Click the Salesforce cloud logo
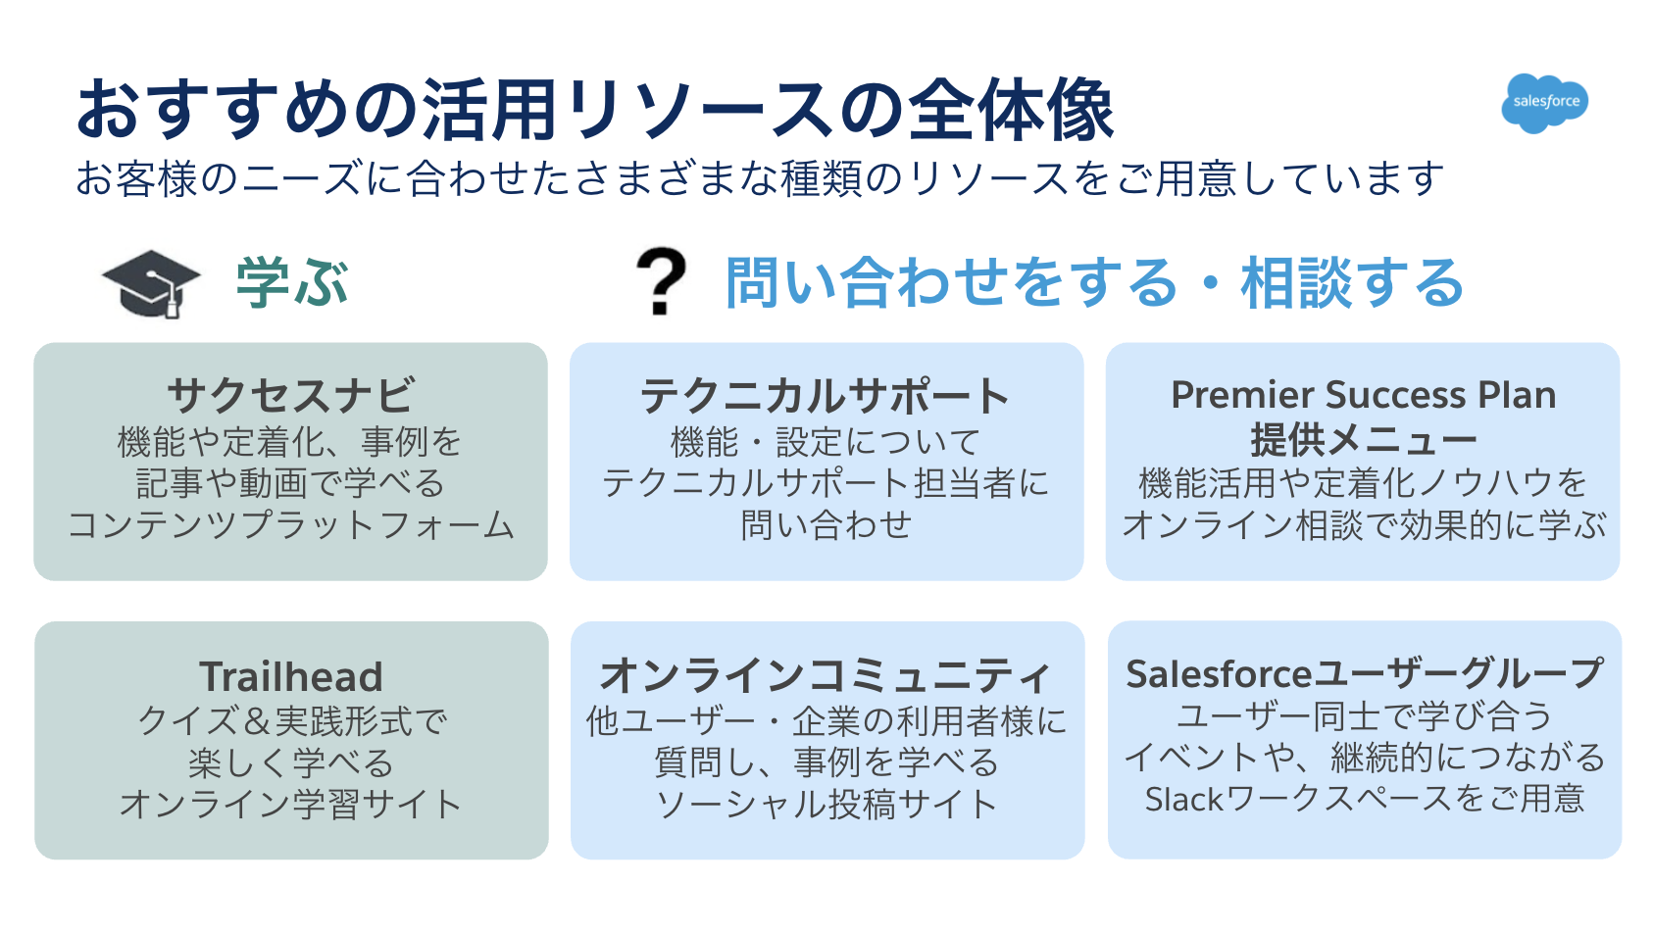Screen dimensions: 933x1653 point(1545,102)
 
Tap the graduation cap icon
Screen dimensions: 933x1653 point(151,283)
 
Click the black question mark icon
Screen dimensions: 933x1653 point(661,281)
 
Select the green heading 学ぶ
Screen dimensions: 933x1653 point(292,283)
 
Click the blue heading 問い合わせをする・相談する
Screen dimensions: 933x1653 point(1094,283)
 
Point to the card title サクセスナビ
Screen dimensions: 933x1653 point(291,396)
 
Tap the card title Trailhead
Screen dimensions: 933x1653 point(291,676)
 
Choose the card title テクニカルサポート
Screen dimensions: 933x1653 point(826,396)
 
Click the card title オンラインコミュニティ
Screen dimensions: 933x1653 point(826,675)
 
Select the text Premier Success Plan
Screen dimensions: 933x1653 point(1363,395)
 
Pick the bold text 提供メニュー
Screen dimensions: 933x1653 point(1363,440)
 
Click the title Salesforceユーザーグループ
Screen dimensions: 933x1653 point(1364,674)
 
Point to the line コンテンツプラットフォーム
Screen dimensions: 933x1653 point(291,525)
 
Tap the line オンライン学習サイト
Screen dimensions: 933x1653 point(291,805)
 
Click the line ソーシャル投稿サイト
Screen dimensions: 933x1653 point(826,805)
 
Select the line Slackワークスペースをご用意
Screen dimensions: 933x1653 point(1364,800)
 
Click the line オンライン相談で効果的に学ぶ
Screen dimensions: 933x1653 point(1363,525)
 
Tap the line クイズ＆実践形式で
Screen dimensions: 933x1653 point(291,721)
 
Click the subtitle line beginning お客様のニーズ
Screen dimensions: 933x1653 point(760,179)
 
